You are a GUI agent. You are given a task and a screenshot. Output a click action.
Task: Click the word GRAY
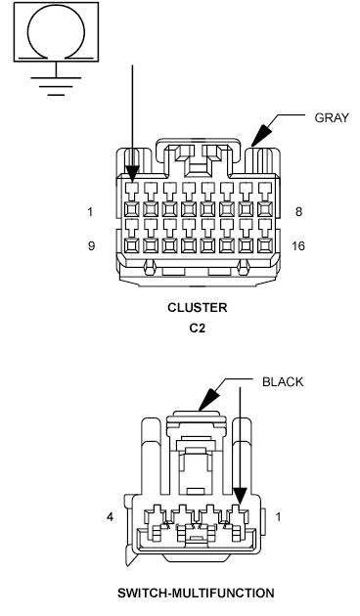click(x=332, y=117)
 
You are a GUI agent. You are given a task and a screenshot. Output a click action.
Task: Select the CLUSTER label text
click(x=197, y=307)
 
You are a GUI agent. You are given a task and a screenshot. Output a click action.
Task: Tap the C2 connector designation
click(x=197, y=328)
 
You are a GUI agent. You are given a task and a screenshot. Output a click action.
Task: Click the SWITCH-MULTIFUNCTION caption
click(x=197, y=593)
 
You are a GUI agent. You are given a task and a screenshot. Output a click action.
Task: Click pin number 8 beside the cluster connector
click(x=297, y=211)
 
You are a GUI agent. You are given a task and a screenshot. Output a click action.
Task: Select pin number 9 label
click(x=91, y=245)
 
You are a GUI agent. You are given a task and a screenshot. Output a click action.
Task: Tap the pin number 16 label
click(x=297, y=245)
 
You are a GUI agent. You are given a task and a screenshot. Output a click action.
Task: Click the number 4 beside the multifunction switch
click(x=112, y=515)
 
